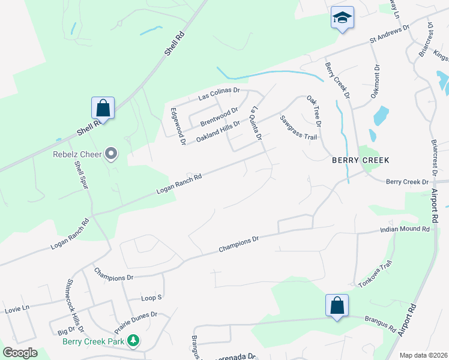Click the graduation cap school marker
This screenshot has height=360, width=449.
click(342, 18)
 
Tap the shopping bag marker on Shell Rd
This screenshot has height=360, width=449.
click(103, 109)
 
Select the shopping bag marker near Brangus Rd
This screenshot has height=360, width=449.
click(337, 305)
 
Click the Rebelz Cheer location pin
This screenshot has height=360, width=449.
click(111, 154)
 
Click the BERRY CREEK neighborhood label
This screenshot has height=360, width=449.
click(361, 160)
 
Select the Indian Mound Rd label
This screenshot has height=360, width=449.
click(406, 229)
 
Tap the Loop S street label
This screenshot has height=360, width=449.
click(151, 298)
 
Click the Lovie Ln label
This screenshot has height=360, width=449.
click(17, 308)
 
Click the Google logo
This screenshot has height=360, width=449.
click(20, 352)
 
